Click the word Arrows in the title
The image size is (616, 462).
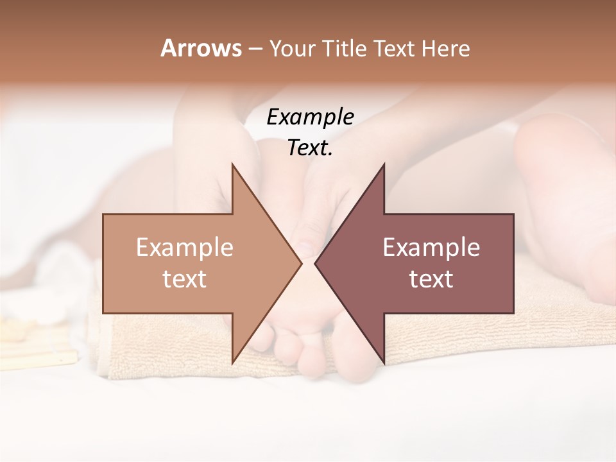pyautogui.click(x=201, y=48)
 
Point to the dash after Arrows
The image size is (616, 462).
pyautogui.click(x=255, y=49)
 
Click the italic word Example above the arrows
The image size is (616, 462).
pyautogui.click(x=310, y=117)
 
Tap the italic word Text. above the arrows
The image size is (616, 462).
pyautogui.click(x=310, y=148)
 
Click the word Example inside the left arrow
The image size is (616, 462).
pyautogui.click(x=184, y=248)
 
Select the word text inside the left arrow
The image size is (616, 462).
pyautogui.click(x=184, y=279)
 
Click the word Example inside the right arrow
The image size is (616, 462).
pyautogui.click(x=431, y=248)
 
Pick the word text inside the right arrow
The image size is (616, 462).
pyautogui.click(x=431, y=279)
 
